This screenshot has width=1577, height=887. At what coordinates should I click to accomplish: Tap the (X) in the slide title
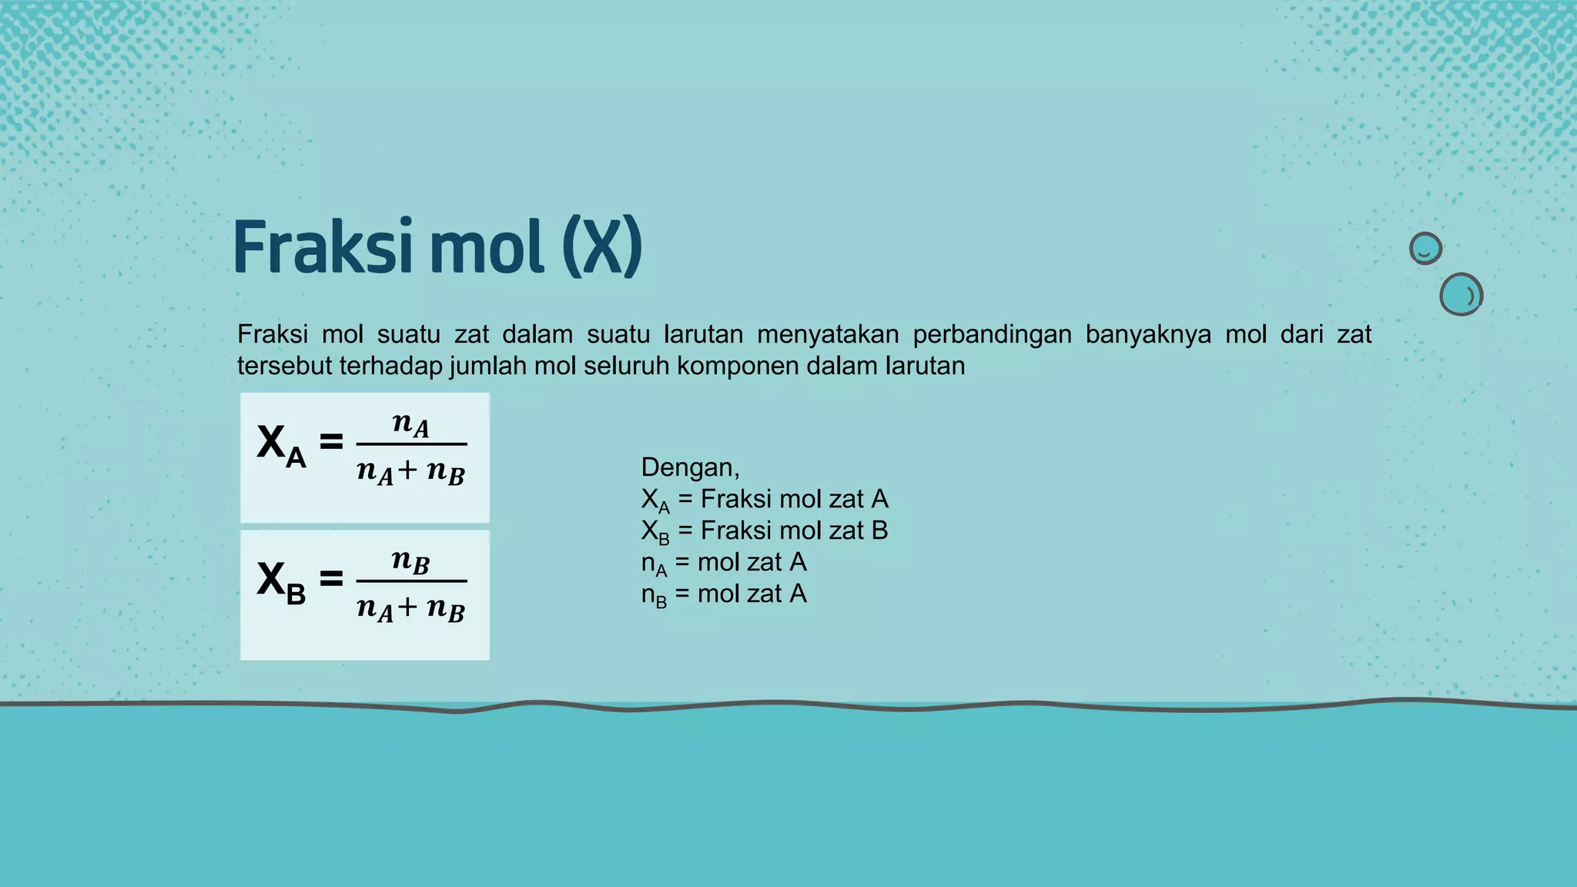(601, 248)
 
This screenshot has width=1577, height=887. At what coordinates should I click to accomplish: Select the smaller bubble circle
(1425, 249)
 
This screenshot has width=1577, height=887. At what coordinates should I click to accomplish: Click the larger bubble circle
(1461, 294)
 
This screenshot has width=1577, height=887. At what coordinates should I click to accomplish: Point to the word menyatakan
(828, 335)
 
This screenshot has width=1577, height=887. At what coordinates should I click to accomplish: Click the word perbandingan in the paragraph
(992, 335)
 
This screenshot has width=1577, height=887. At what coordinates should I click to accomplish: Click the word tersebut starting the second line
(284, 366)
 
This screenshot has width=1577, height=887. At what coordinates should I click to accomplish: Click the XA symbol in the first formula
(281, 446)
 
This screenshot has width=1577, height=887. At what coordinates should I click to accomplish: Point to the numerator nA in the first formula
(410, 423)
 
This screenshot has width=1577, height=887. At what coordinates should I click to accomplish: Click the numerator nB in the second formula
(410, 561)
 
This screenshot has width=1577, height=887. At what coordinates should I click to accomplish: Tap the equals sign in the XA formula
(331, 441)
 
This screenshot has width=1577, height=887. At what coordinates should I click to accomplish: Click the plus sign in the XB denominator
(407, 608)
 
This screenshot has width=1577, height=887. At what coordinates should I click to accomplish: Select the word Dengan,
(690, 467)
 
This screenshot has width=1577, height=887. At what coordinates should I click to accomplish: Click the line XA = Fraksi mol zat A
(765, 500)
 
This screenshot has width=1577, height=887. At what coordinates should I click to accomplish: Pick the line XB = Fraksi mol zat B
(765, 531)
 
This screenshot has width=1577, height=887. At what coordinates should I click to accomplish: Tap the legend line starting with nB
(724, 594)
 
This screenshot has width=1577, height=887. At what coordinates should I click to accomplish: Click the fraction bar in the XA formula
(411, 444)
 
